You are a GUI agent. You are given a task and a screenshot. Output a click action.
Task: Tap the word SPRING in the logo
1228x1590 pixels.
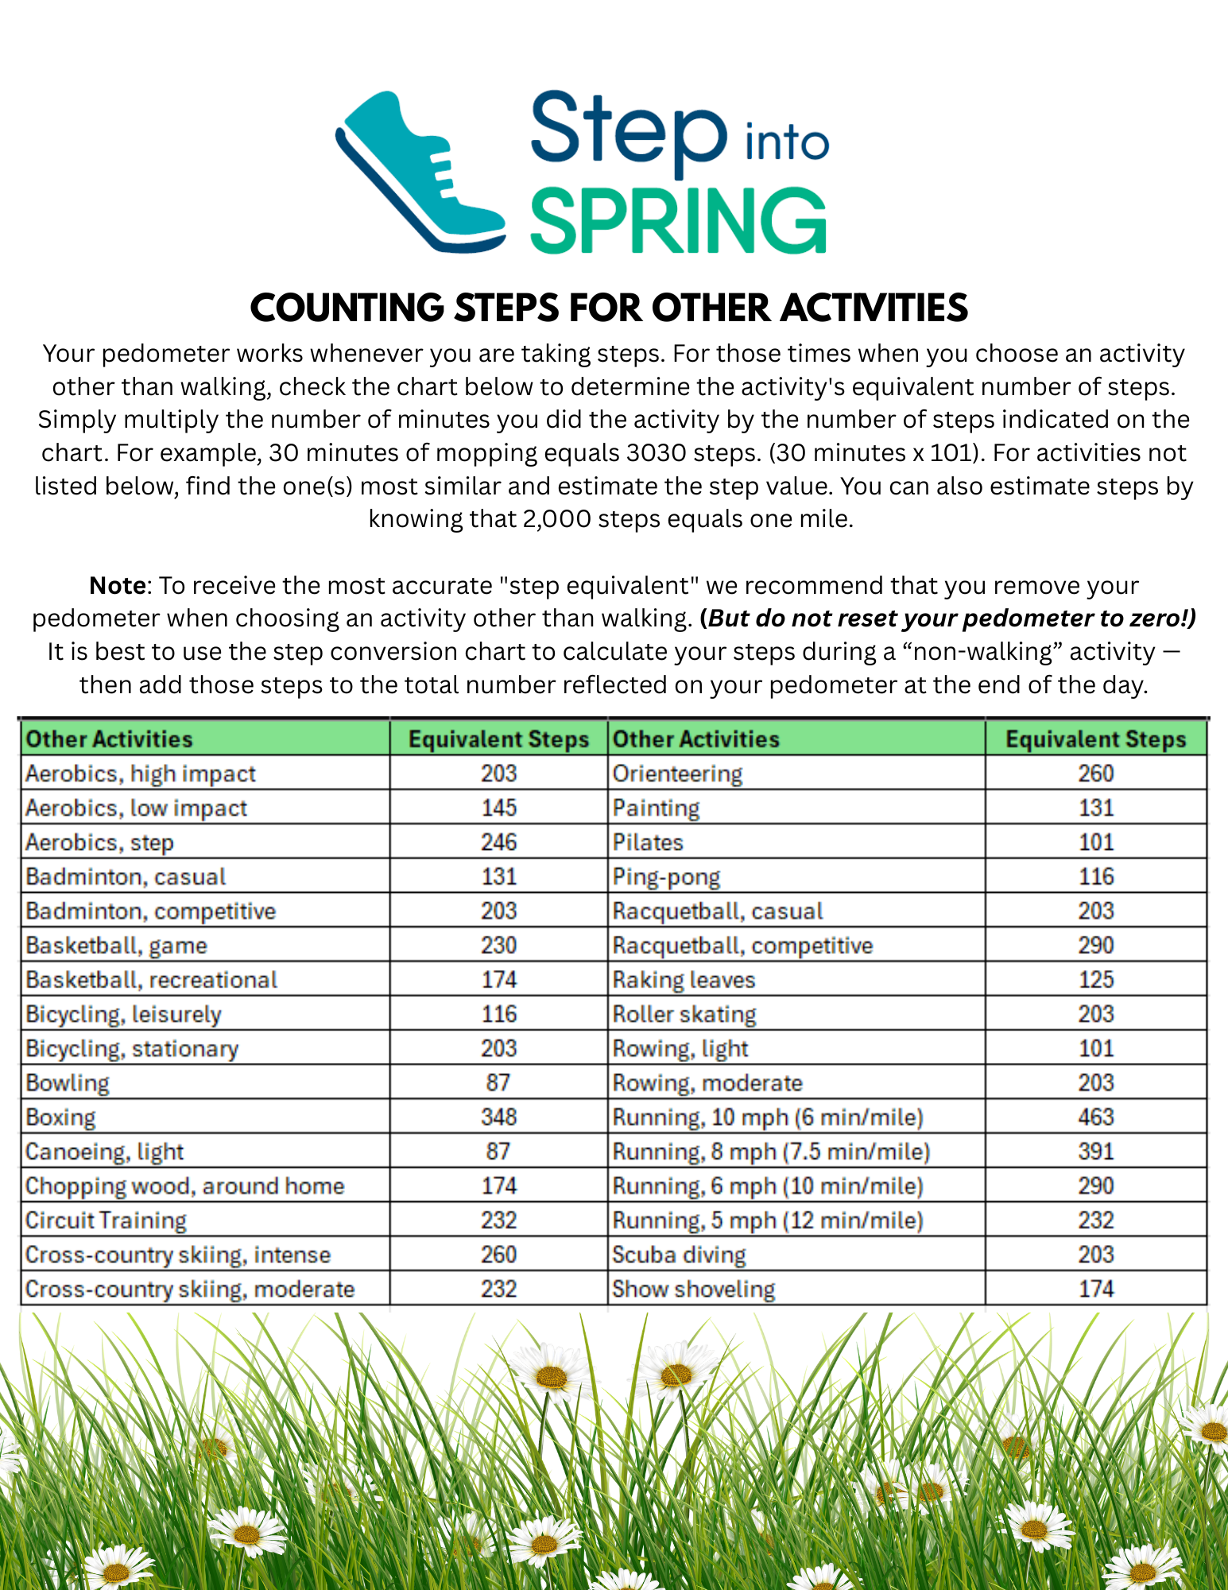(x=678, y=221)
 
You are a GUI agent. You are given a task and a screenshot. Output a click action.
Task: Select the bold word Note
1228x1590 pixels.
(x=117, y=585)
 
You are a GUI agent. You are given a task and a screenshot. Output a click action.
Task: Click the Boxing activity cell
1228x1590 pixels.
(x=60, y=1117)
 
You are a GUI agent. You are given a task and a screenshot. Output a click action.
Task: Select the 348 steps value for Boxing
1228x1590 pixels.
(x=498, y=1117)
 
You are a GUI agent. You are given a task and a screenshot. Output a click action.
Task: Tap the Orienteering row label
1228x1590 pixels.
(x=677, y=774)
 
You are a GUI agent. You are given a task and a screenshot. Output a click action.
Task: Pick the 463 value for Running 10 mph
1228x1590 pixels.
(x=1095, y=1117)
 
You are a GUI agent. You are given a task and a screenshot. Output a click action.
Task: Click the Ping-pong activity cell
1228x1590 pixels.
(x=666, y=877)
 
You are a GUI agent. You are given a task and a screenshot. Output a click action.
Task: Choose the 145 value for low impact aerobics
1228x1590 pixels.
(x=498, y=808)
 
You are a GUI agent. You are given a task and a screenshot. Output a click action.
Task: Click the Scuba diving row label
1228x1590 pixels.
(x=679, y=1255)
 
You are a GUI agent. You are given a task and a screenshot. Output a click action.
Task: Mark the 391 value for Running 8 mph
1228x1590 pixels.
(x=1095, y=1151)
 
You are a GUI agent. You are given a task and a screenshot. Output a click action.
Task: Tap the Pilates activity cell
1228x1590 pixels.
(x=648, y=842)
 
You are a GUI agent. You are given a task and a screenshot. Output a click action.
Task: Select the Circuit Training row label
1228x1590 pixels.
(x=106, y=1220)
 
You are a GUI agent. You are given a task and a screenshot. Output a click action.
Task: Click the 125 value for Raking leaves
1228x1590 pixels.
(x=1095, y=979)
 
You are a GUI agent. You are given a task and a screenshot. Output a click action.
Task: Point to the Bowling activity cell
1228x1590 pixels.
(x=68, y=1083)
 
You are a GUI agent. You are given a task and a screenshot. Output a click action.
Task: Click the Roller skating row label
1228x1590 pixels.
(x=684, y=1014)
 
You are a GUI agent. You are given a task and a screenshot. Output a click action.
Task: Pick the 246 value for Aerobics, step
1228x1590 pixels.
(x=498, y=842)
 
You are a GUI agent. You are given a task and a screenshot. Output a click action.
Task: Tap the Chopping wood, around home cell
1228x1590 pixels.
(x=184, y=1186)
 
